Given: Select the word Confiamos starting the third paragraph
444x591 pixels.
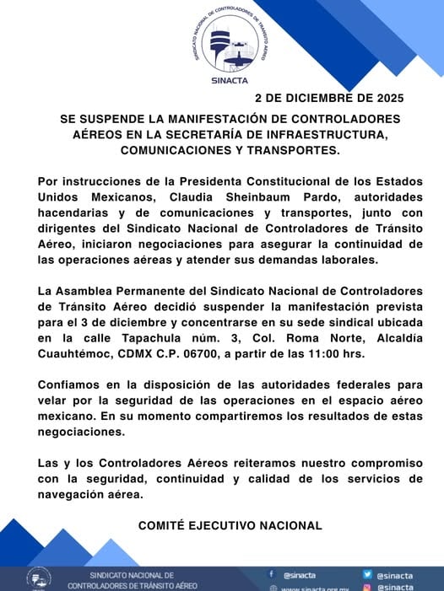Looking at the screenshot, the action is pos(73,385).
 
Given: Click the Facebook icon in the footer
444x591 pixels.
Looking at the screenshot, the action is pos(272,574).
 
